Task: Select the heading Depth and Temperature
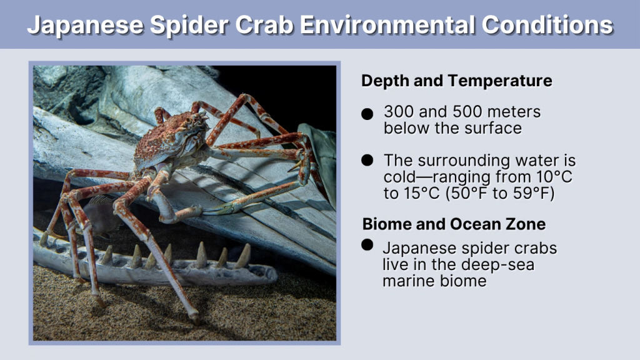pos(456,81)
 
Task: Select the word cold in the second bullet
pos(399,177)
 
